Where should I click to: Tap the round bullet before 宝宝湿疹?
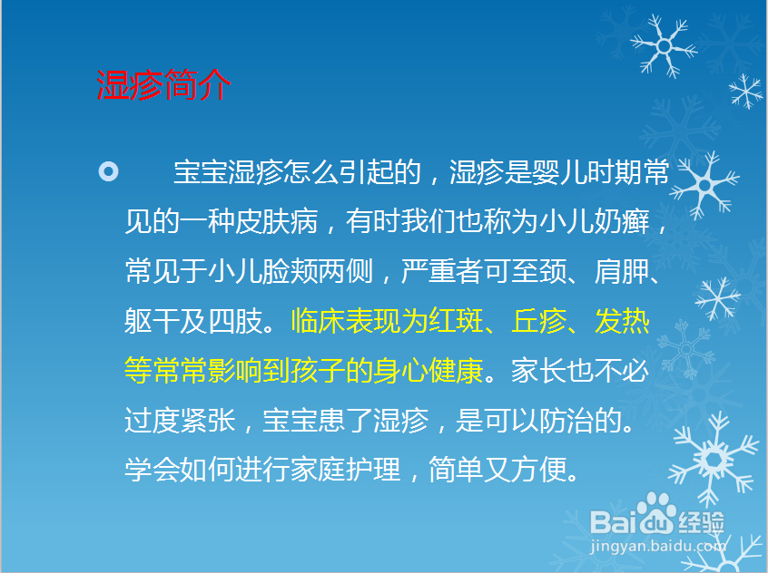(107, 170)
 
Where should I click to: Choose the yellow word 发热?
(623, 321)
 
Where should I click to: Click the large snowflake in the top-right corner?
(666, 44)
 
